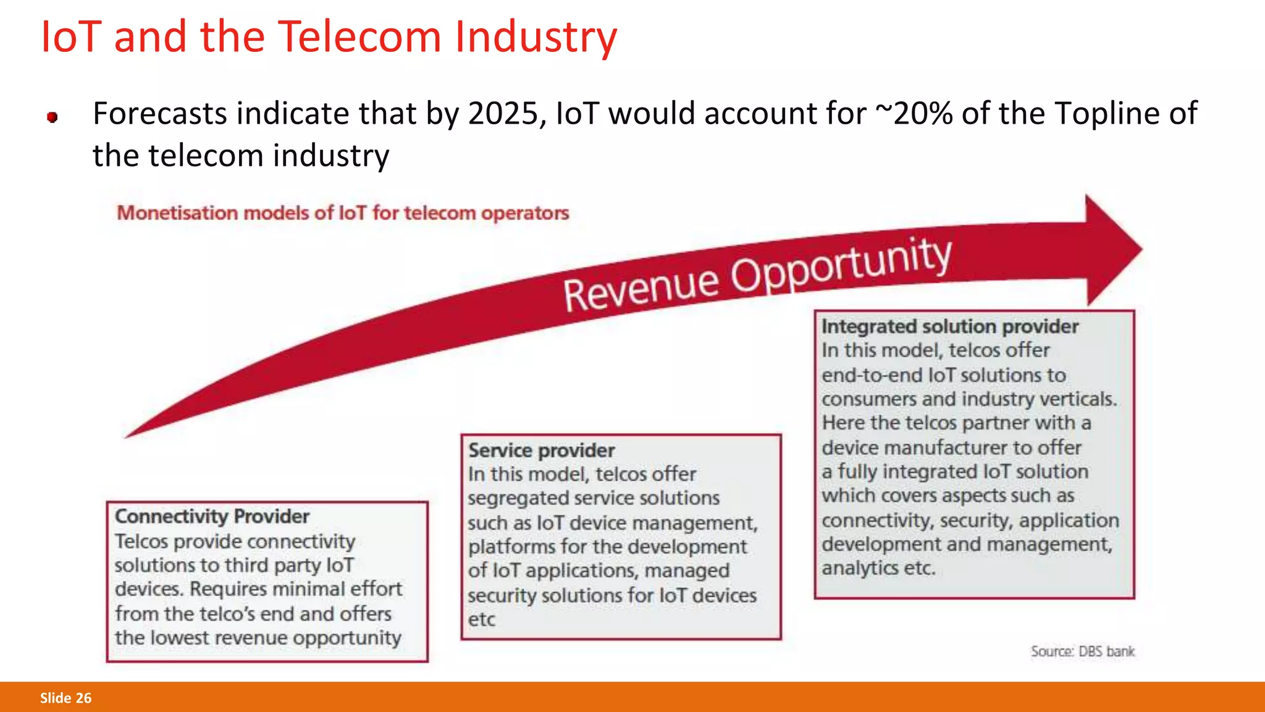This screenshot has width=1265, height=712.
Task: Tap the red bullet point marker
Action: (53, 117)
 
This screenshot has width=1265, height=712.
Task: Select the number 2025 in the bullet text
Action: (503, 114)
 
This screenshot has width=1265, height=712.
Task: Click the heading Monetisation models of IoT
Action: (343, 213)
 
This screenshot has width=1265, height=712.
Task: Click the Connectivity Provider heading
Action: (212, 516)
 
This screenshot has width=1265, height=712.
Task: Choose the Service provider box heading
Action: (541, 450)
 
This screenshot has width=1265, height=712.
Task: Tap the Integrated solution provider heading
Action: (949, 326)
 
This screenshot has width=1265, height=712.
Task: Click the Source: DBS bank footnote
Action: (1082, 651)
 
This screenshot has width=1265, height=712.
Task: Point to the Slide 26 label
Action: (65, 698)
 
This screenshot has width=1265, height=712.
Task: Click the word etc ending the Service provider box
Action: (481, 619)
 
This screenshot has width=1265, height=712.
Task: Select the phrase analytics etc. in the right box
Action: (878, 568)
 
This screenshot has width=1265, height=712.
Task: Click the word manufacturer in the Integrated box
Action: (948, 447)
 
